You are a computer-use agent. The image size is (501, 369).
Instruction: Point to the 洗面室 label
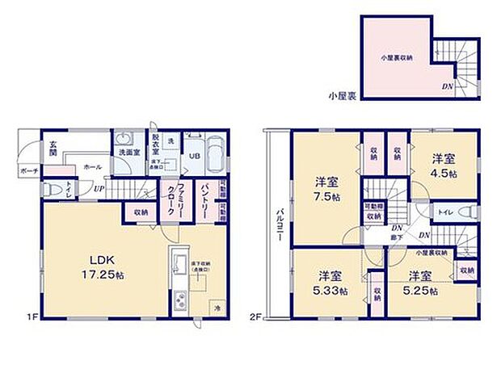(126, 152)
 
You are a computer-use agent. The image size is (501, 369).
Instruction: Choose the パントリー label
(206, 197)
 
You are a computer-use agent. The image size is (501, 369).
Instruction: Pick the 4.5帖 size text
(444, 174)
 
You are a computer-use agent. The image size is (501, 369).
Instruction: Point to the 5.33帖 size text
(332, 291)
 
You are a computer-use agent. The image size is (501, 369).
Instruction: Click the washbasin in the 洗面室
(125, 138)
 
